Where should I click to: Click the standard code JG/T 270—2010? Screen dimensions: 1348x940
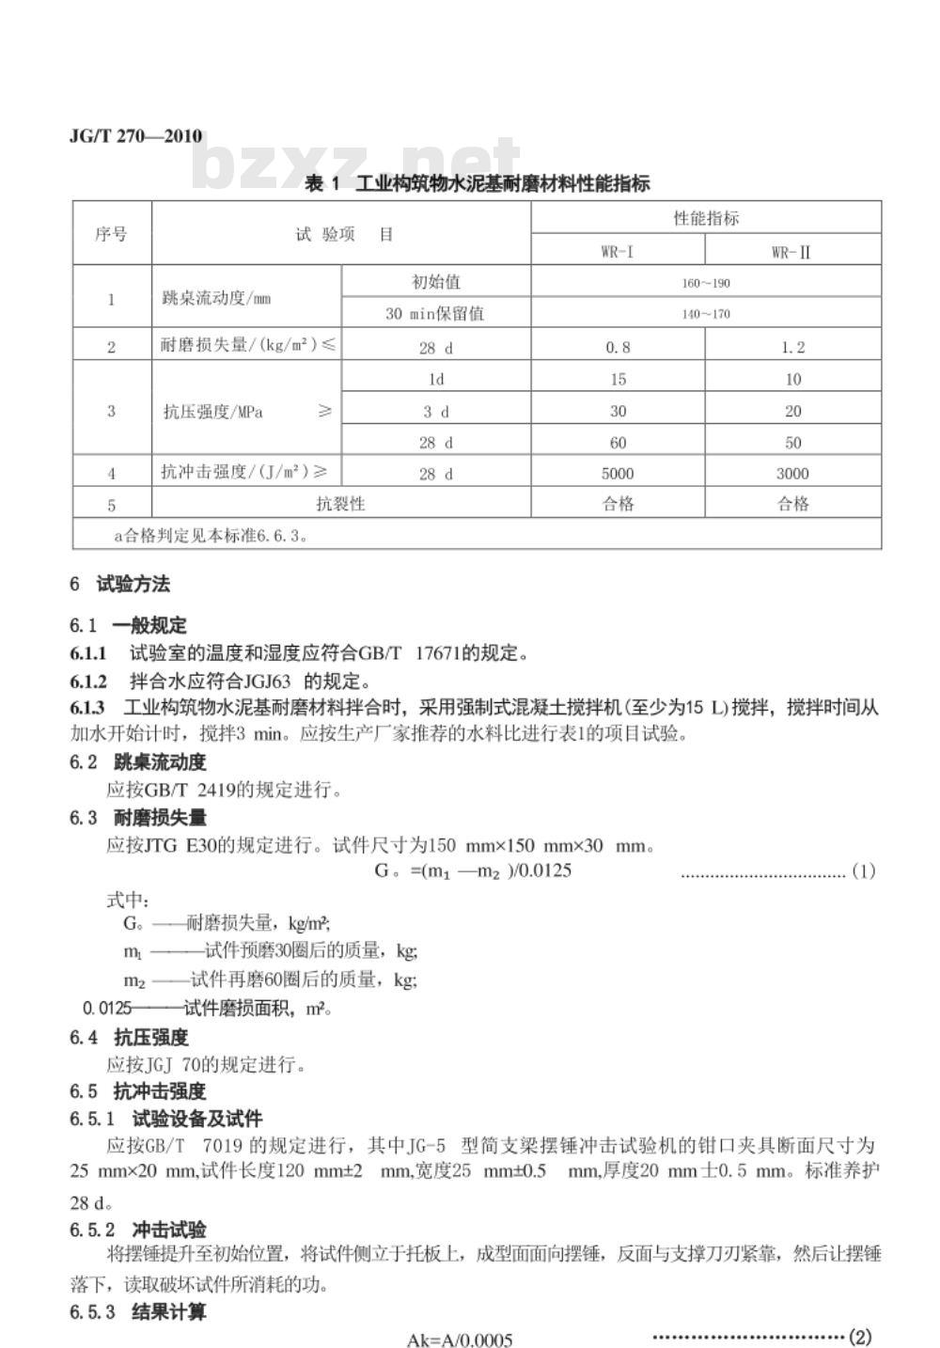[135, 136]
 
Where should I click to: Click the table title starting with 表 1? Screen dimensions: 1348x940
[478, 183]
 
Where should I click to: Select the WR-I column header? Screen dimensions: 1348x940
[618, 251]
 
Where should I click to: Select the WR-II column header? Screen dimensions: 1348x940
[792, 251]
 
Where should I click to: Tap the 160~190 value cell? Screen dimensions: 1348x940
[706, 283]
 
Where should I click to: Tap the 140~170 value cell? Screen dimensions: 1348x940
[706, 314]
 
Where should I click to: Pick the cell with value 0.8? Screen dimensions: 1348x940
[618, 347]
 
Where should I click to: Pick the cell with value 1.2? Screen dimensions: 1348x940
[792, 347]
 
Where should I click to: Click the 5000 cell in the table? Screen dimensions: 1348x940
[618, 473]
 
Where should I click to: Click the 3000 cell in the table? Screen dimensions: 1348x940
[792, 473]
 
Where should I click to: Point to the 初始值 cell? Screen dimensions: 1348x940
[435, 282]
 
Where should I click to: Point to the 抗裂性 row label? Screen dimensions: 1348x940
[340, 504]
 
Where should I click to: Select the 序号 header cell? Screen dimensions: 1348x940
[111, 234]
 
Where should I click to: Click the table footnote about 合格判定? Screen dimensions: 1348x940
[211, 536]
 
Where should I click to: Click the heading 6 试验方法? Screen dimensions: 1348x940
[119, 584]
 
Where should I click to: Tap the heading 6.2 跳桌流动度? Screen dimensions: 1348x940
[137, 761]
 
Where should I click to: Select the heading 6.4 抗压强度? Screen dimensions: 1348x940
[129, 1037]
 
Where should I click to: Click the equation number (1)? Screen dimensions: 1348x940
[863, 870]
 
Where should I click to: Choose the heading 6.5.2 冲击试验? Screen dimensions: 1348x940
[137, 1230]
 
